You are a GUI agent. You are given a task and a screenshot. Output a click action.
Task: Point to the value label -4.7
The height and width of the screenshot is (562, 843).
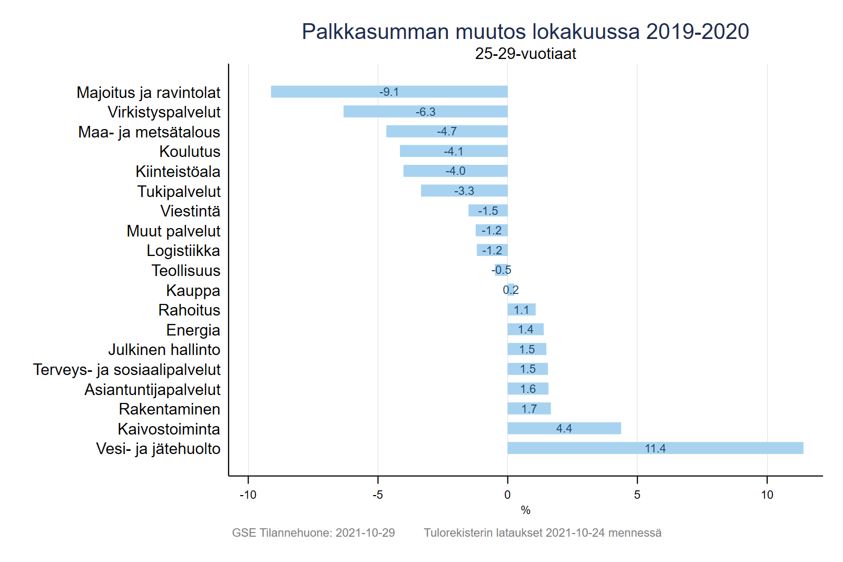(447, 132)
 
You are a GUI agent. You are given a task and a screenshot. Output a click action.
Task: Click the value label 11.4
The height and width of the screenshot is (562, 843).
(655, 449)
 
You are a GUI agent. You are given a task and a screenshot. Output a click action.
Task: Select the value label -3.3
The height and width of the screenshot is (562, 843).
(464, 191)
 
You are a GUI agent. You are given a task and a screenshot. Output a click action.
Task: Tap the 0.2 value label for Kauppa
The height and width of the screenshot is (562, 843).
(511, 290)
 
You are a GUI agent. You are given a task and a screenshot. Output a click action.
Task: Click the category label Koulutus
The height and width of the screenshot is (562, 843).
(190, 152)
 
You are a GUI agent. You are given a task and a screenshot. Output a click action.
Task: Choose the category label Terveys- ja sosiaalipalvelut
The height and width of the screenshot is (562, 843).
(127, 370)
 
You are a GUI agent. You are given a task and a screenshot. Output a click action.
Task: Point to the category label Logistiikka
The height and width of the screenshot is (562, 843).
(183, 251)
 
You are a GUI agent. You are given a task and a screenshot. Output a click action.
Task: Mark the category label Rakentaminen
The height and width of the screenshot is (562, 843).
(170, 409)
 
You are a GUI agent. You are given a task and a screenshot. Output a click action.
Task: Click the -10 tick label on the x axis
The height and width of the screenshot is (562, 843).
(248, 495)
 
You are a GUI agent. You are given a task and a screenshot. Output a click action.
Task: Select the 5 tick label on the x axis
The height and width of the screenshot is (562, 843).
(637, 495)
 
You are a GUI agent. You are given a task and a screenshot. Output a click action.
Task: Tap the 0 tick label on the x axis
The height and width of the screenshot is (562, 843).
(507, 495)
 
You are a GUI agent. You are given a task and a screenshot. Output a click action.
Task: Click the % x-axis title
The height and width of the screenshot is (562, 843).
(525, 510)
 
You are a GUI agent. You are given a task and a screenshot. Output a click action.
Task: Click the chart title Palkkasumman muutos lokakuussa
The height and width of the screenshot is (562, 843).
(525, 32)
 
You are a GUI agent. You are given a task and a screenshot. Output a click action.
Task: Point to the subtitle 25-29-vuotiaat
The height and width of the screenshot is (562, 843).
(525, 54)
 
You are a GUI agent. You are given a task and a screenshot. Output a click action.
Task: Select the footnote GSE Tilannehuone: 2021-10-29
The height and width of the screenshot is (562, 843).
(313, 533)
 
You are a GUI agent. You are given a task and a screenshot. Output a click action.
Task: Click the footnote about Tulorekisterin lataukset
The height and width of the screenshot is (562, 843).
(543, 533)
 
